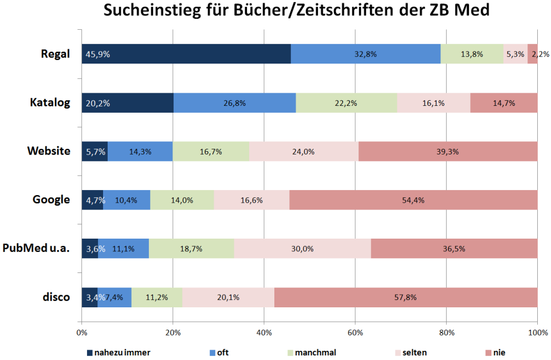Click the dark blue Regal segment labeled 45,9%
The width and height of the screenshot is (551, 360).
(186, 54)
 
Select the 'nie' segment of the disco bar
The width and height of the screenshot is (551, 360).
(406, 297)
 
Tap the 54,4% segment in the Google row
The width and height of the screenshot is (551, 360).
(413, 200)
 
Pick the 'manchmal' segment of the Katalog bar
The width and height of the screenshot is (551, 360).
(346, 103)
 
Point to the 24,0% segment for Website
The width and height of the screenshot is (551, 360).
(304, 151)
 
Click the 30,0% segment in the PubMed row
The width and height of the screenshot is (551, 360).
(302, 248)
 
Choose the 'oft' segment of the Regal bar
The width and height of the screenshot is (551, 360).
(365, 54)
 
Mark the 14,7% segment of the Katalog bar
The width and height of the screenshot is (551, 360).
(503, 103)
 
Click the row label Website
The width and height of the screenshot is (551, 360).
(49, 151)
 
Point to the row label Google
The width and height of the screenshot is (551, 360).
(51, 200)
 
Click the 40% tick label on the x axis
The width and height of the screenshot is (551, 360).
(263, 332)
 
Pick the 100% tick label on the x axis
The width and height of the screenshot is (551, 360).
(537, 332)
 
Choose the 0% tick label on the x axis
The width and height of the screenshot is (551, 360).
(81, 332)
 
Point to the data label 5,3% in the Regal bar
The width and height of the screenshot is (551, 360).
(515, 54)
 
